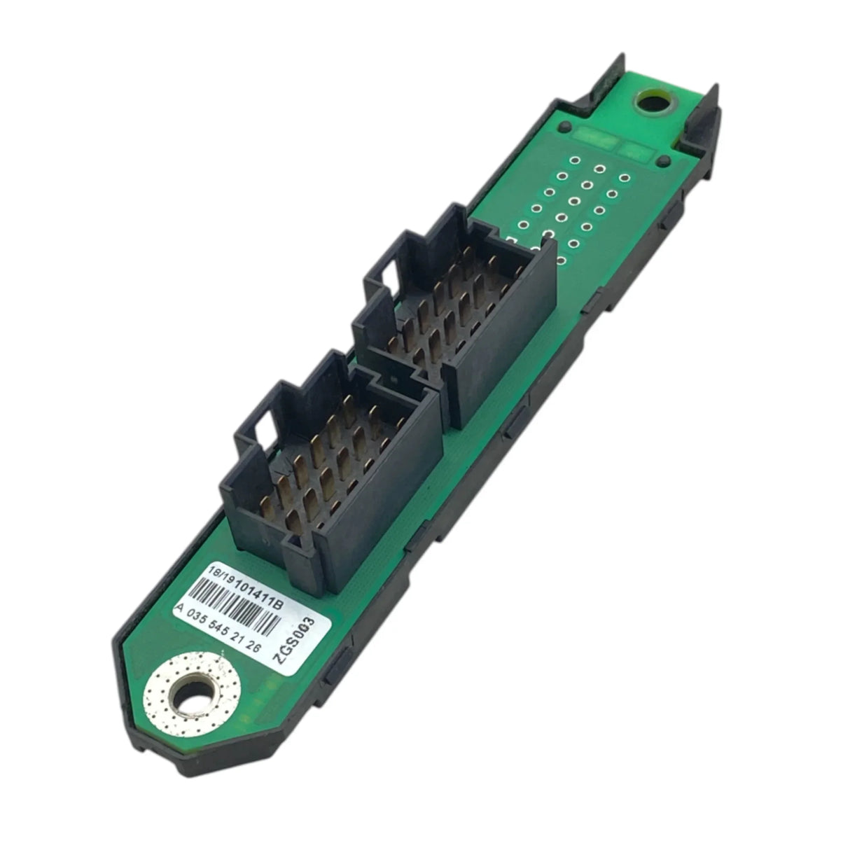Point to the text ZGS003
pyautogui.click(x=295, y=646)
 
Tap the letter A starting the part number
pyautogui.click(x=181, y=608)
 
